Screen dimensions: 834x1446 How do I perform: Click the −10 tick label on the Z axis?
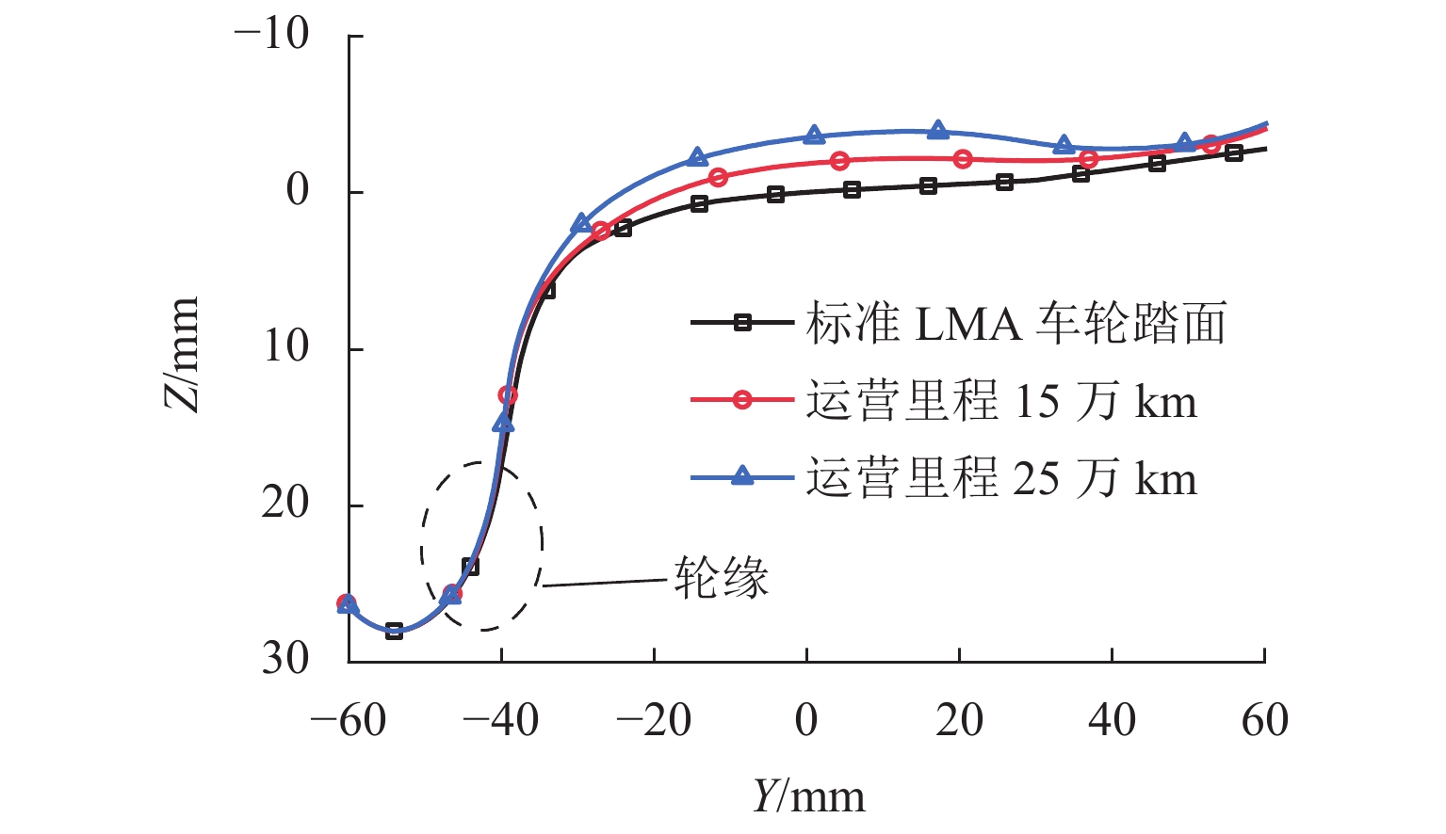(x=272, y=35)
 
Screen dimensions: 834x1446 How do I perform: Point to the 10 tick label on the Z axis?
(x=285, y=347)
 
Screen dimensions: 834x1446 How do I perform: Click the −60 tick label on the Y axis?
(x=348, y=721)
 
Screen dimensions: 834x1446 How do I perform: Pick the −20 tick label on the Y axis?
(x=653, y=721)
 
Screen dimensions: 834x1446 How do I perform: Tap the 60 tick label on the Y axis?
(x=1264, y=721)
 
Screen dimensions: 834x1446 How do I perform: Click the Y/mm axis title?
(x=808, y=796)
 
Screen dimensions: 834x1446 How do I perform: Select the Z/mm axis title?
(x=182, y=354)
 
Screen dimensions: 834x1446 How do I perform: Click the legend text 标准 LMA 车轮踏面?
(x=1015, y=324)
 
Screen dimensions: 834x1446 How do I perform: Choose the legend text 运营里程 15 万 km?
(x=1000, y=402)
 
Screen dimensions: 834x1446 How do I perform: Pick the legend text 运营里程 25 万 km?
(x=1000, y=479)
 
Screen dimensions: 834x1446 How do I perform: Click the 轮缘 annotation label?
(x=721, y=577)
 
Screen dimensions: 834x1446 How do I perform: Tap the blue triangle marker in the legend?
(x=742, y=476)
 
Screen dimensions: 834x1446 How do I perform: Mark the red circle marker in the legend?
(x=742, y=400)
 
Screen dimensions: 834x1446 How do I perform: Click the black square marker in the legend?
(x=742, y=323)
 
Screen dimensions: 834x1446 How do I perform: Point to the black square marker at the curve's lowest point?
(x=394, y=631)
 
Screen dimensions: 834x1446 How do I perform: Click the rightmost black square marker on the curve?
(x=1233, y=152)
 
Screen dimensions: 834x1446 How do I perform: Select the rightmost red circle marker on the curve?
(x=1210, y=144)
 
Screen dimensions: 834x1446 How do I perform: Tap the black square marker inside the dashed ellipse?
(x=470, y=567)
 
